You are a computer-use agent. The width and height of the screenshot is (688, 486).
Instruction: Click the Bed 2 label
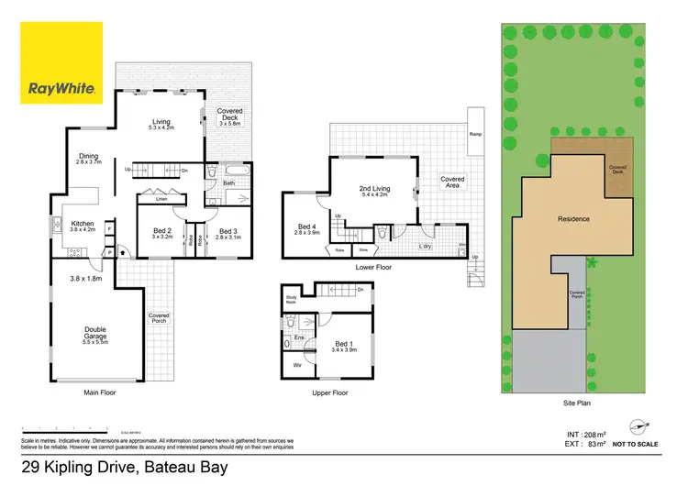coord(161,233)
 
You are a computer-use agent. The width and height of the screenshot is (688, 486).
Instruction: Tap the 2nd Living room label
coord(376,192)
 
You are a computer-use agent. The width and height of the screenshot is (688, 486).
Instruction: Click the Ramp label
coord(476,134)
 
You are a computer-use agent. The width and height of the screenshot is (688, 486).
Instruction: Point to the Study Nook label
coord(291,299)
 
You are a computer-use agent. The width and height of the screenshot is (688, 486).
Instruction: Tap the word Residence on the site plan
coord(573,219)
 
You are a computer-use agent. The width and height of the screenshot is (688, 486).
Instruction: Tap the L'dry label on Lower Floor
coord(426,247)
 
